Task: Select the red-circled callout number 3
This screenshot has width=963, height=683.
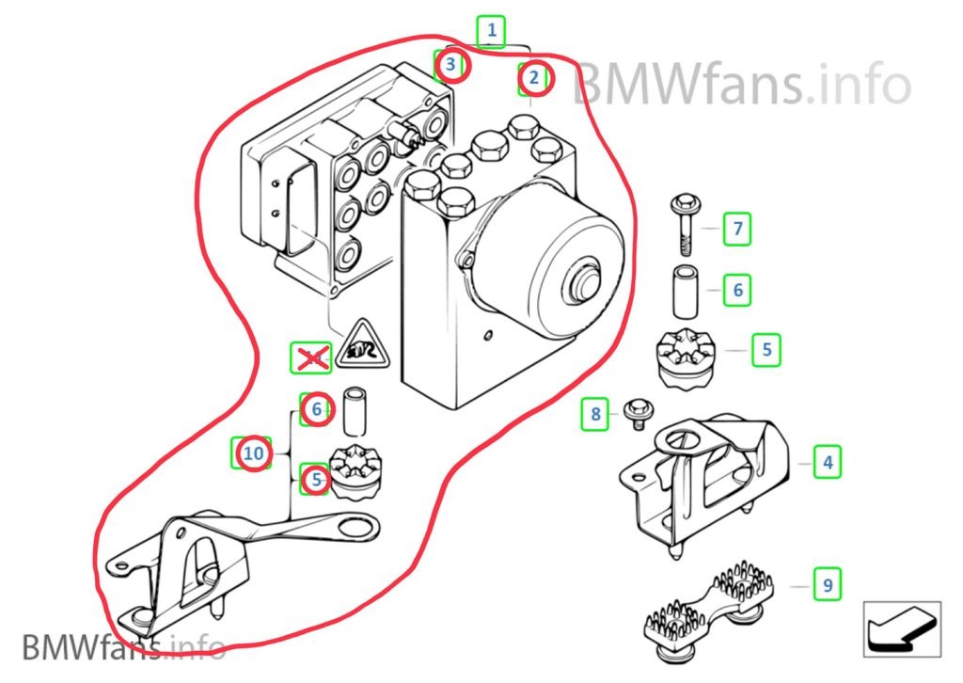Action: [x=451, y=65]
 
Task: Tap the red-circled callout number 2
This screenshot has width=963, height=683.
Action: [x=533, y=78]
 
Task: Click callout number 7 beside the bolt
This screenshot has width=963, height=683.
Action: [x=737, y=228]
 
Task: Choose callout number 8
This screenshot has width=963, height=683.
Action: [x=595, y=412]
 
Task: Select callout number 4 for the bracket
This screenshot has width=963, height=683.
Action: [x=827, y=463]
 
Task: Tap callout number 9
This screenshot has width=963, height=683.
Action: [x=827, y=585]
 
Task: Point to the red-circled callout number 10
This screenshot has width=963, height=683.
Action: [x=252, y=453]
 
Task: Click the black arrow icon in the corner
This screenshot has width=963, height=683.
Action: [x=902, y=629]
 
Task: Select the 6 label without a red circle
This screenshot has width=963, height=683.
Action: [x=737, y=290]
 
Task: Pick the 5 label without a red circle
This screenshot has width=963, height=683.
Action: [x=766, y=350]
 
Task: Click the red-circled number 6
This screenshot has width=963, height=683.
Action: [x=317, y=408]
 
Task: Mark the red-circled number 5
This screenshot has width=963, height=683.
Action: [x=316, y=480]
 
